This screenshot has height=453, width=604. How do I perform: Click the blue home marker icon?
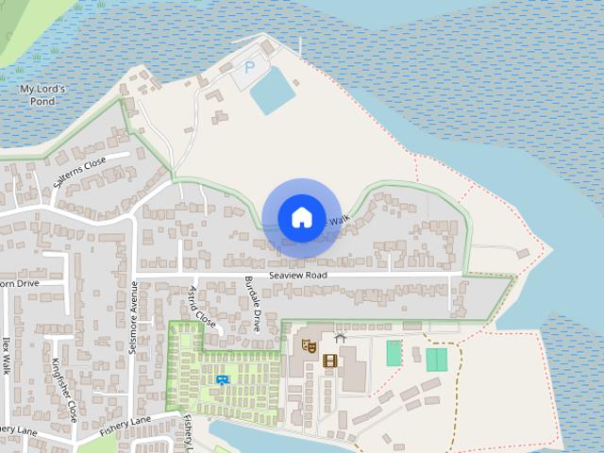pyautogui.click(x=301, y=217)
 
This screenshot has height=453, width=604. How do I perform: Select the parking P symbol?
pyautogui.click(x=249, y=67)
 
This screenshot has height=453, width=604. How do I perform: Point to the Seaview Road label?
pyautogui.click(x=297, y=275)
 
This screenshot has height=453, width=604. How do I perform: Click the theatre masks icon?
pyautogui.click(x=308, y=346)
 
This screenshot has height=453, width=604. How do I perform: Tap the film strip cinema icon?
pyautogui.click(x=329, y=361)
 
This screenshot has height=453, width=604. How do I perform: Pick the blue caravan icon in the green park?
pyautogui.click(x=223, y=379)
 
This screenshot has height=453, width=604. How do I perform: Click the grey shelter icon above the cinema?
pyautogui.click(x=340, y=337)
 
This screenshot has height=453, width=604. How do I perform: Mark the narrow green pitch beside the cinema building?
pyautogui.click(x=394, y=353)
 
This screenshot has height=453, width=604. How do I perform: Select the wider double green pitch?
pyautogui.click(x=436, y=360)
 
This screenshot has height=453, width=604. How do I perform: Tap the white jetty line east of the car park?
pyautogui.click(x=301, y=45)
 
